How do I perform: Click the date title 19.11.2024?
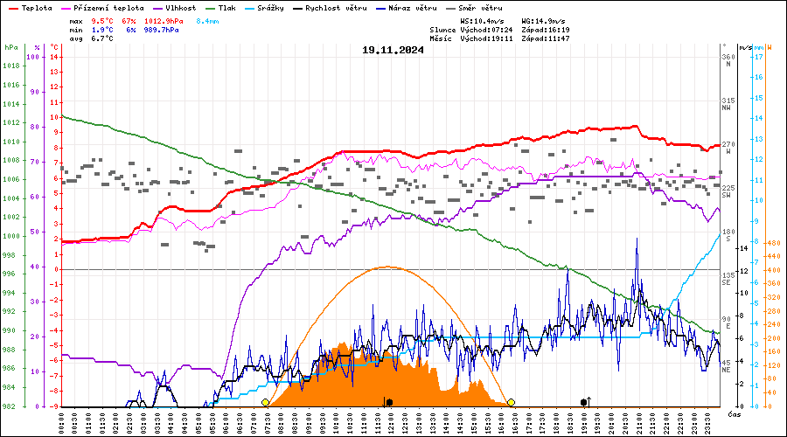393,50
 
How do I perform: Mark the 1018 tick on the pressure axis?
12,66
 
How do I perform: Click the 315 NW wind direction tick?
728,104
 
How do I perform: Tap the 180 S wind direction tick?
728,234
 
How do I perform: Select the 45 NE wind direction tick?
728,366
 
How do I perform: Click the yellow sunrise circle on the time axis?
265,402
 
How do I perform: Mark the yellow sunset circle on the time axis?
511,402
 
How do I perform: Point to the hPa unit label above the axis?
11,47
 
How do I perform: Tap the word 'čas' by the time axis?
734,413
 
